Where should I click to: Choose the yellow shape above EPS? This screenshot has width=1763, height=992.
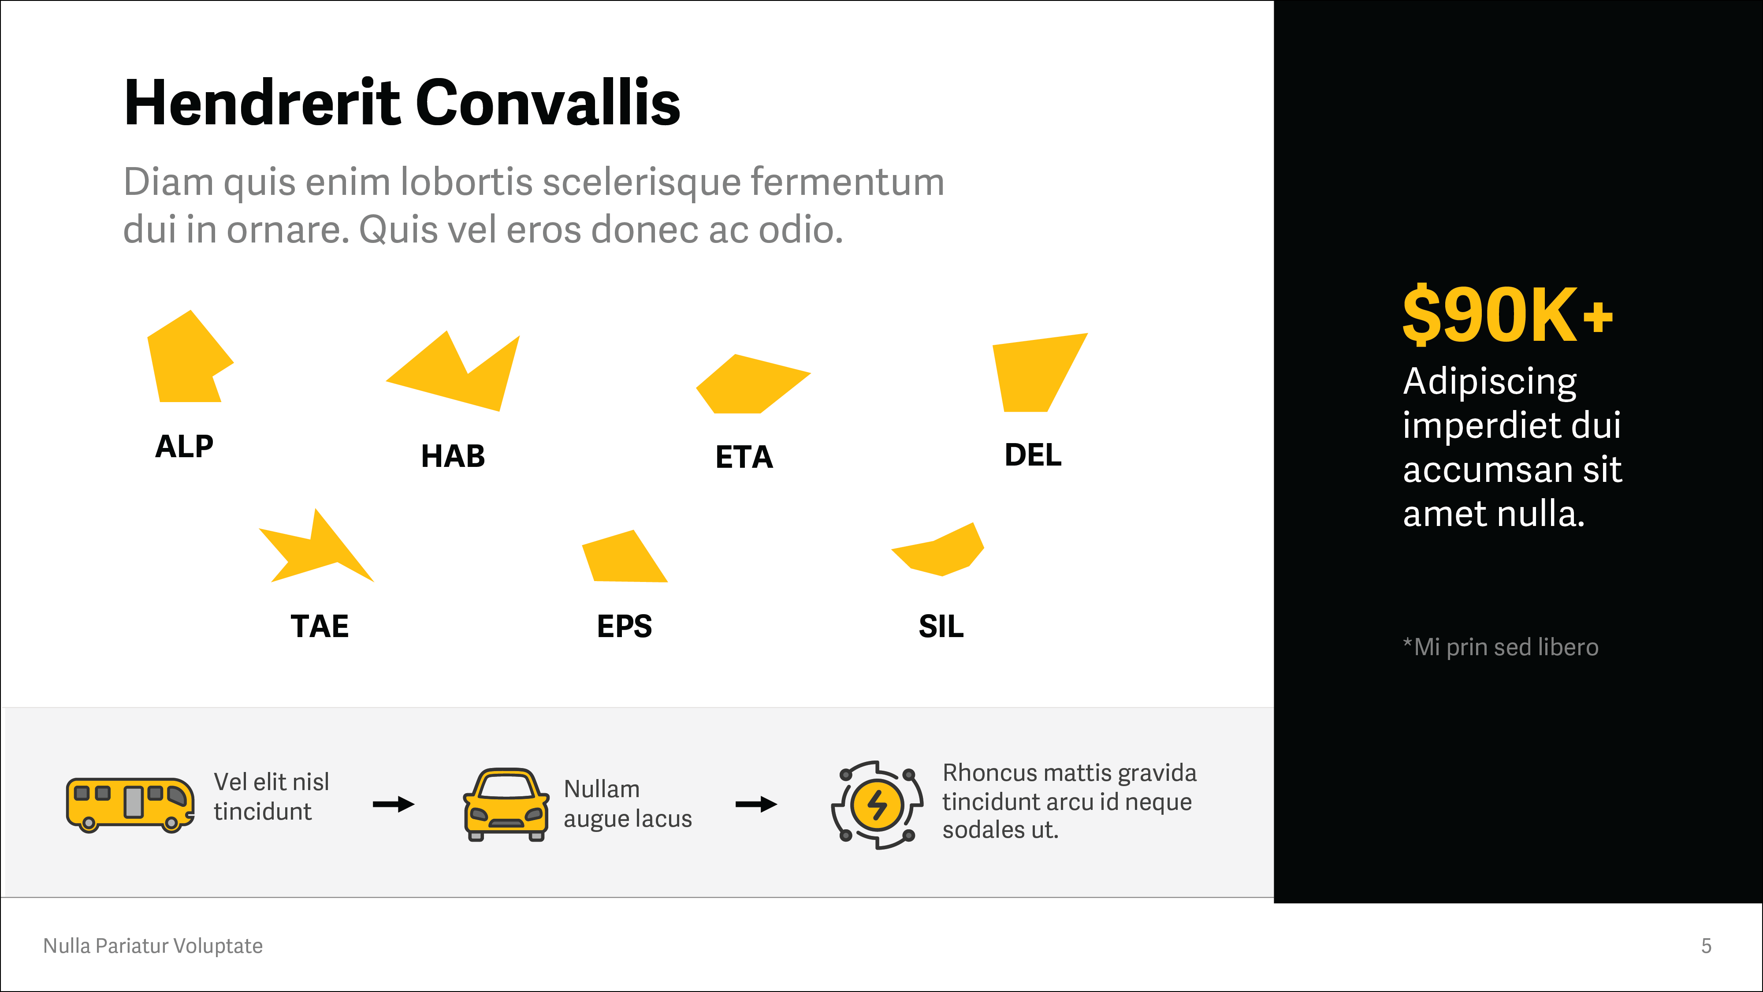(x=623, y=558)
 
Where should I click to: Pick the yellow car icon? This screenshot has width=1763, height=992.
(x=506, y=805)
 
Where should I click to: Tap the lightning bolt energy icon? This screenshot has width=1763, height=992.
(x=877, y=805)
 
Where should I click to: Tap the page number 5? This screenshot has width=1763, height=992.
(x=1706, y=946)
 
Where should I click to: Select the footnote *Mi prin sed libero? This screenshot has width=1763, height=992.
(x=1500, y=647)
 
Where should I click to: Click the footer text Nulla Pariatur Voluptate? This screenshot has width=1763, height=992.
(x=152, y=946)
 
